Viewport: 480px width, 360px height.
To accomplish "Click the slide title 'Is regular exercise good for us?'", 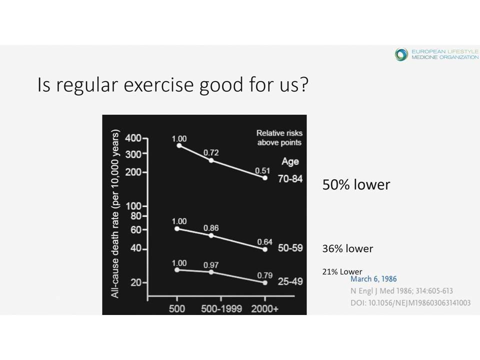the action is pyautogui.click(x=172, y=84).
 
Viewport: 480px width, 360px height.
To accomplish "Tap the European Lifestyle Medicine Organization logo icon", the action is pyautogui.click(x=401, y=54).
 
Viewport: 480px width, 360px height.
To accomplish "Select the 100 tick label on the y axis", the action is pyautogui.click(x=134, y=206).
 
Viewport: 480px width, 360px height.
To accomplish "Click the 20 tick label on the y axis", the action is pyautogui.click(x=136, y=282).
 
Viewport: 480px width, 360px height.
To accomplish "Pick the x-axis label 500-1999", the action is pyautogui.click(x=221, y=308).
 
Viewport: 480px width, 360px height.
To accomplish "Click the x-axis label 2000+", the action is pyautogui.click(x=265, y=308).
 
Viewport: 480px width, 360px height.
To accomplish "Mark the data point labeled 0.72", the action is pyautogui.click(x=211, y=160).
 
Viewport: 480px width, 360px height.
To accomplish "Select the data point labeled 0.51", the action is pyautogui.click(x=265, y=178).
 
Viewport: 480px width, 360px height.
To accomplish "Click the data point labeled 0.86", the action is pyautogui.click(x=211, y=235).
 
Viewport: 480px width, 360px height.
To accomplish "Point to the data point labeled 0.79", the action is pyautogui.click(x=265, y=283).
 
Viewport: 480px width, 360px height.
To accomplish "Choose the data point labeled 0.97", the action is pyautogui.click(x=211, y=272).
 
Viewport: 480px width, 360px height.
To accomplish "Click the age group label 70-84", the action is pyautogui.click(x=290, y=179).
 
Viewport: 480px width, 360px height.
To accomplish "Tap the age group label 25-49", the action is pyautogui.click(x=290, y=281).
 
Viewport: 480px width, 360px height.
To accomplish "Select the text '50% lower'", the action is pyautogui.click(x=356, y=184).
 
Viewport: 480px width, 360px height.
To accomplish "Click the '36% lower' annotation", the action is pyautogui.click(x=348, y=248).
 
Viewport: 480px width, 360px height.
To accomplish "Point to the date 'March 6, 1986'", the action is pyautogui.click(x=373, y=279).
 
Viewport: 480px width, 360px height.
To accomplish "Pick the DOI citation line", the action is pyautogui.click(x=410, y=303).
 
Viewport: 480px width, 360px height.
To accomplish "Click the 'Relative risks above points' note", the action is pyautogui.click(x=279, y=138).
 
